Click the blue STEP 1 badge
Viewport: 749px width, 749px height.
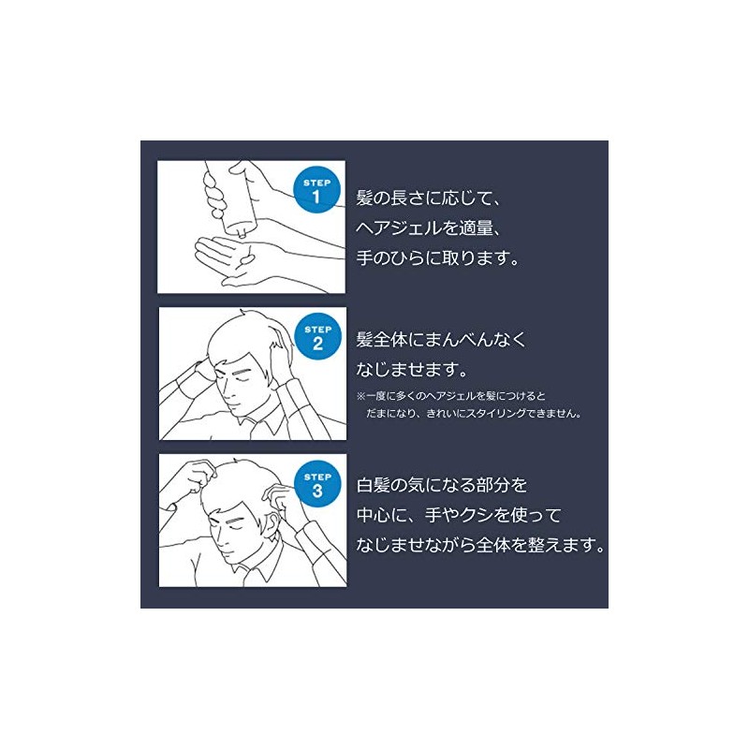tap(316, 190)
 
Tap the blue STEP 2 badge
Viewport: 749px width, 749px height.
tap(318, 337)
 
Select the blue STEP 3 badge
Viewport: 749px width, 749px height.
tap(317, 484)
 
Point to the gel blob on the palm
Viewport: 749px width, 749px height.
tap(247, 260)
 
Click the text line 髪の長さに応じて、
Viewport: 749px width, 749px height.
tap(428, 198)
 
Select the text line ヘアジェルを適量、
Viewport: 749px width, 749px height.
tap(428, 228)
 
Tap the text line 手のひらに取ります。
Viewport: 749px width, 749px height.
tap(437, 258)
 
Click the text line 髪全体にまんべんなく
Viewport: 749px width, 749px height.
tap(441, 340)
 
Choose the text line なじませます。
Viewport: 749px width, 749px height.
tap(411, 369)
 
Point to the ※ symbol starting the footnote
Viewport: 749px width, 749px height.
tap(361, 396)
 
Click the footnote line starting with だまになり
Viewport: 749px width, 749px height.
tap(474, 414)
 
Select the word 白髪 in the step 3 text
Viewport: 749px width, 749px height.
tap(373, 485)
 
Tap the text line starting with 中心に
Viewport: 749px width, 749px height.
tap(459, 515)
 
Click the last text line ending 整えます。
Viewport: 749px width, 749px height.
tap(480, 545)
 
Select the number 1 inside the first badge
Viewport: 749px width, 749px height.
tap(316, 197)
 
